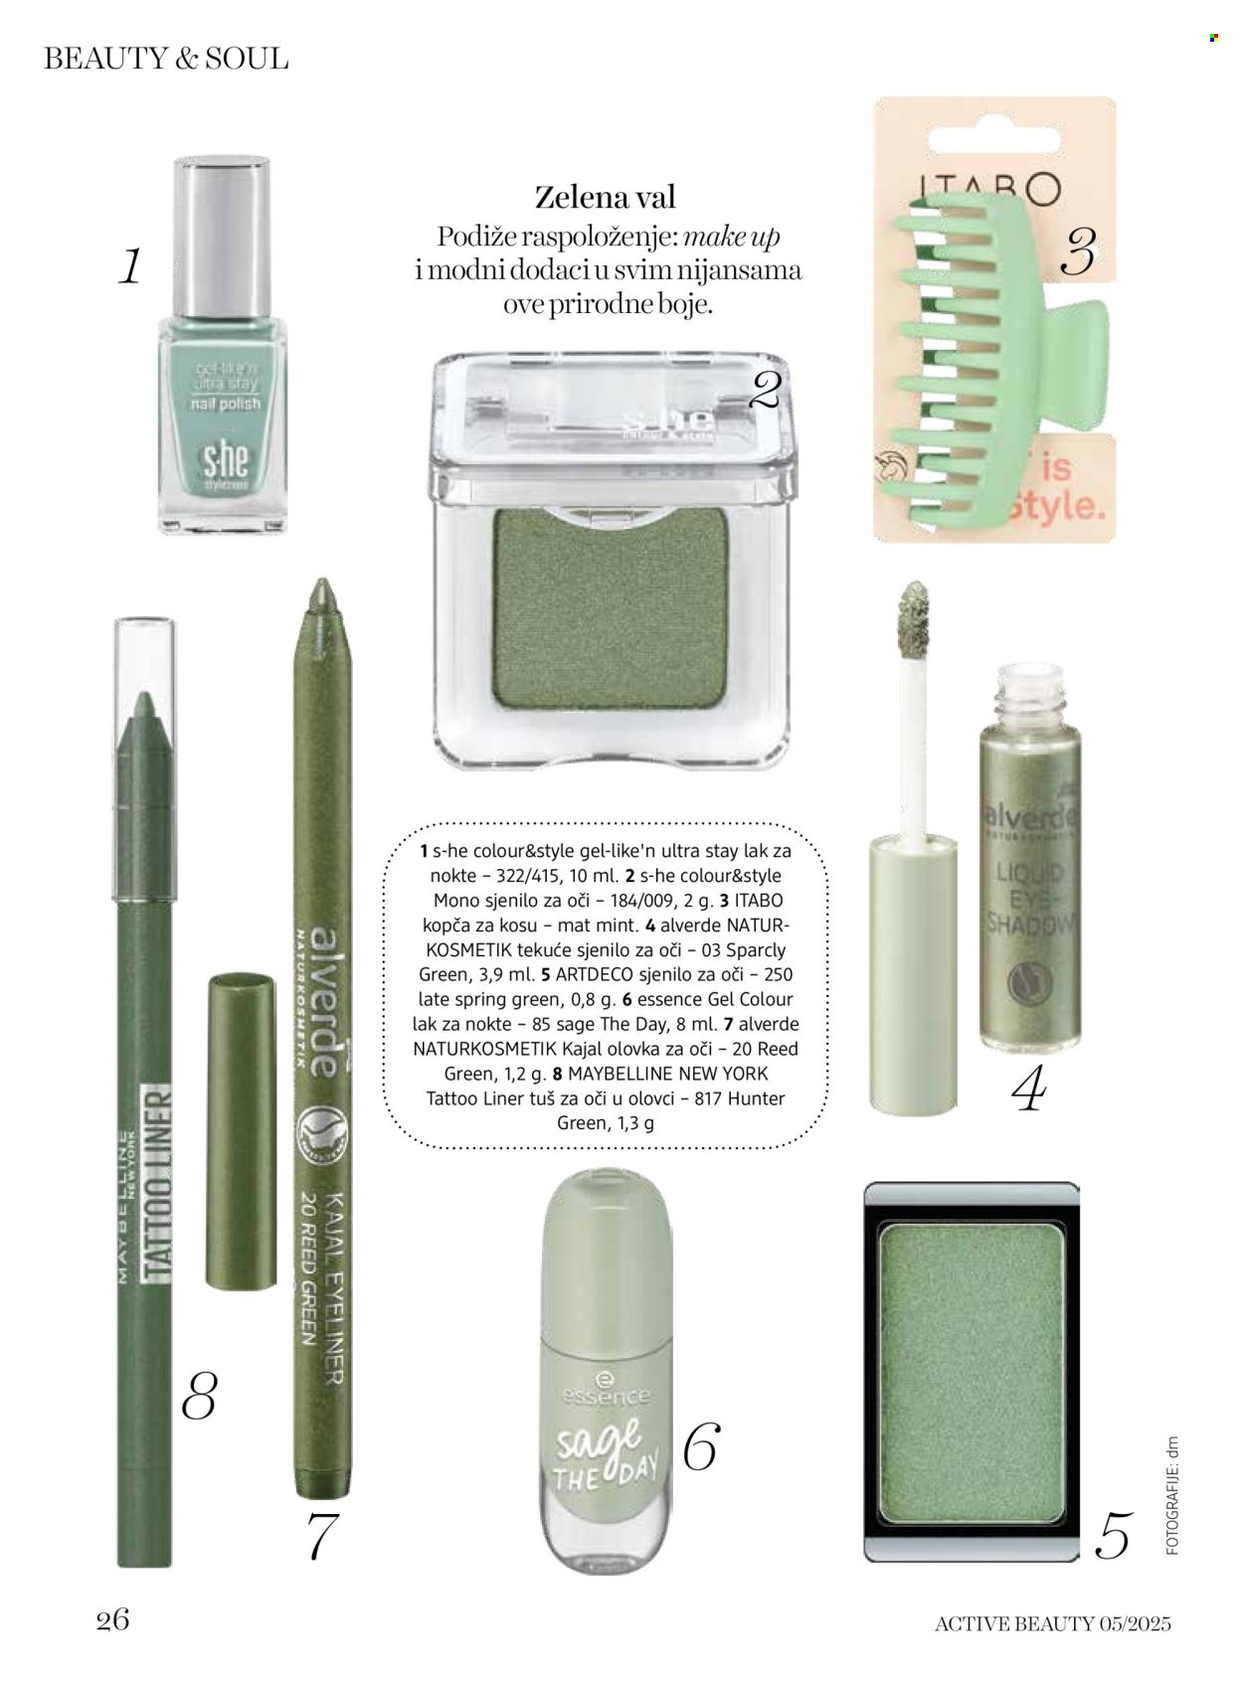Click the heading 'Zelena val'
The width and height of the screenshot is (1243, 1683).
pos(605,197)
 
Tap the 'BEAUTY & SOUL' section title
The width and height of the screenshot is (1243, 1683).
pos(166,59)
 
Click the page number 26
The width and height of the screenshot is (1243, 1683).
pos(112,1619)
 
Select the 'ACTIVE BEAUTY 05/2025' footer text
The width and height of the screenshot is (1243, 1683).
pos(1052,1623)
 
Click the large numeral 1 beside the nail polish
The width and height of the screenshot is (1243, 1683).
pos(130,266)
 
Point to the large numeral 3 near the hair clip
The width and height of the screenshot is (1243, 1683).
pos(1078,252)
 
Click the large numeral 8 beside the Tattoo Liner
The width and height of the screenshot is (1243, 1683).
pos(199,1396)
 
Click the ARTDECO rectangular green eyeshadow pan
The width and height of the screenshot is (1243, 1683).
pos(971,1372)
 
